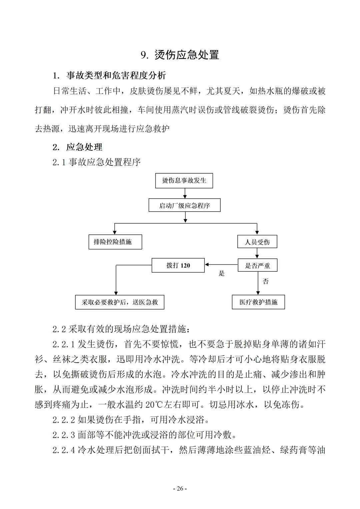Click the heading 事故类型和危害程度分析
pyautogui.click(x=116, y=75)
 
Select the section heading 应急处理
pyautogui.click(x=84, y=147)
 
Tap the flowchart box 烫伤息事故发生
pyautogui.click(x=184, y=181)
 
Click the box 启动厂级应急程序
pyautogui.click(x=184, y=205)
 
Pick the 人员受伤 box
pyautogui.click(x=257, y=242)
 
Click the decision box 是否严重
pyautogui.click(x=257, y=266)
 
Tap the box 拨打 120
pyautogui.click(x=178, y=266)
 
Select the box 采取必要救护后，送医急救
pyautogui.click(x=120, y=302)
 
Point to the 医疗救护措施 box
pyautogui.click(x=258, y=302)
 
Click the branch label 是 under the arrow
pyautogui.click(x=222, y=274)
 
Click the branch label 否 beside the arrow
pyautogui.click(x=266, y=282)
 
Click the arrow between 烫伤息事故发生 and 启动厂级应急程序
pyautogui.click(x=185, y=193)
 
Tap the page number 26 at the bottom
pyautogui.click(x=180, y=489)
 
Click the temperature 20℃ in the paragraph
pyautogui.click(x=154, y=405)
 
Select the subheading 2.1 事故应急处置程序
pyautogui.click(x=97, y=162)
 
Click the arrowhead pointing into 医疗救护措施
pyautogui.click(x=258, y=293)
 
